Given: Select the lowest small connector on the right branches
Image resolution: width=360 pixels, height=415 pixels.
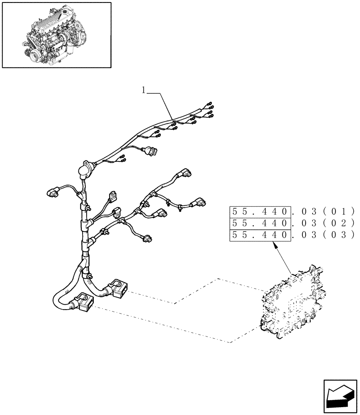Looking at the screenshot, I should (x=148, y=239).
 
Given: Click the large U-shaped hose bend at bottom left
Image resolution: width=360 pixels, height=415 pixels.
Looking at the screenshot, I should (x=58, y=301).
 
